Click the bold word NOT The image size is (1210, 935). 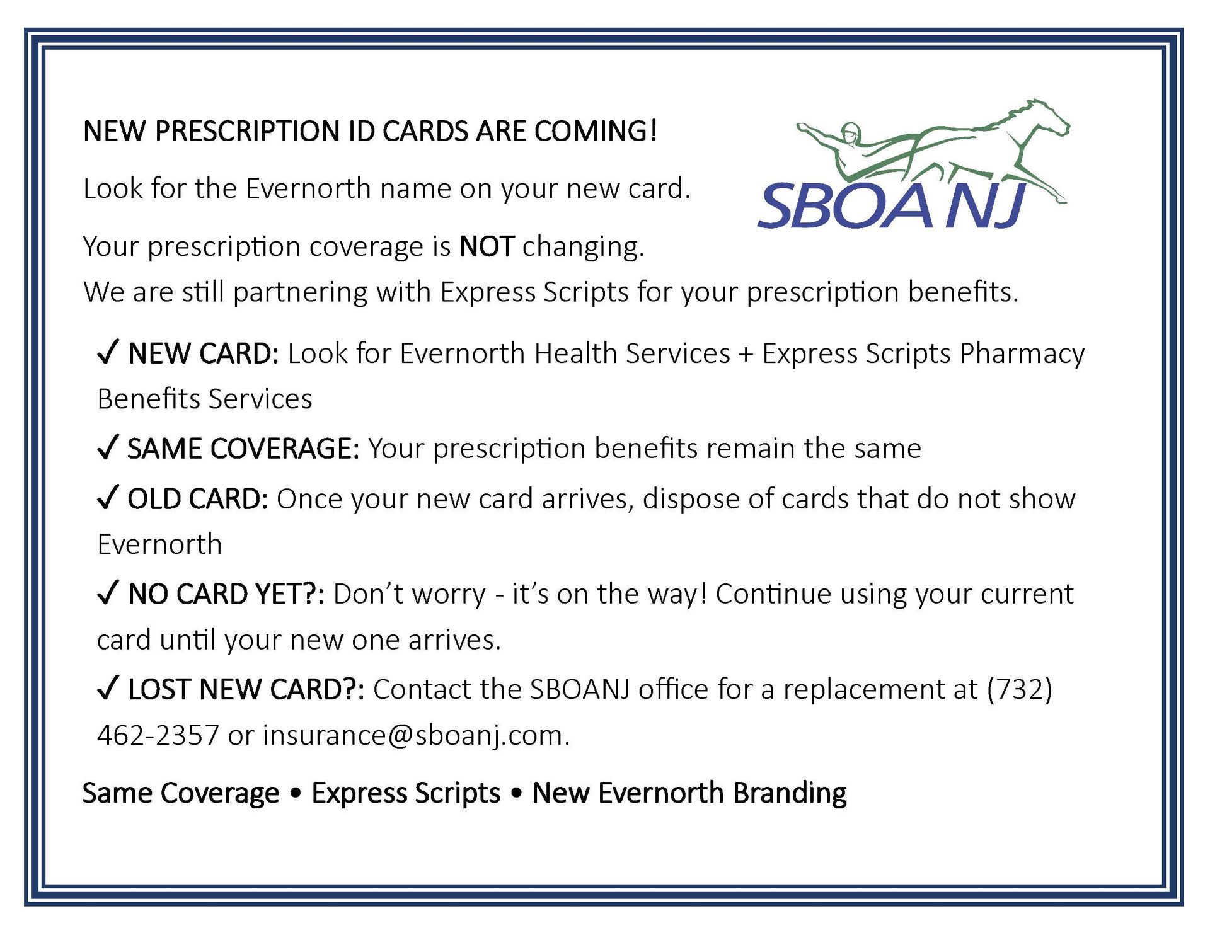487,246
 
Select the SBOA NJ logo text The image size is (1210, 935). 892,205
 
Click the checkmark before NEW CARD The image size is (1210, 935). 107,352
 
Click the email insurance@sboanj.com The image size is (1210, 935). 416,735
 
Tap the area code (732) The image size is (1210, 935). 1019,689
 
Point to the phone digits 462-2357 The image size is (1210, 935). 158,735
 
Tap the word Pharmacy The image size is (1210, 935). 1022,355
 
